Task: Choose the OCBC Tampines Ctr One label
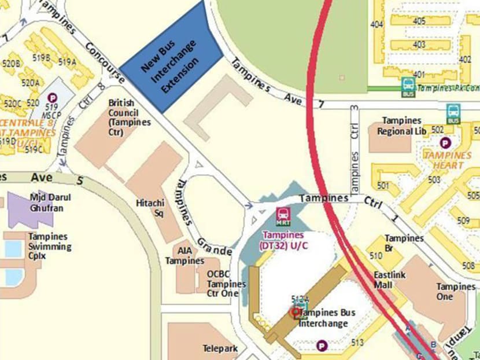pos(226,284)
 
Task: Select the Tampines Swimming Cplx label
pos(50,247)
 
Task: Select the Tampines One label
pos(456,292)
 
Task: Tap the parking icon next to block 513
pos(322,346)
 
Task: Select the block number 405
pos(419,21)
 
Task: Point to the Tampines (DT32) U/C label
pos(286,240)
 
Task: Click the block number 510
pos(376,255)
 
